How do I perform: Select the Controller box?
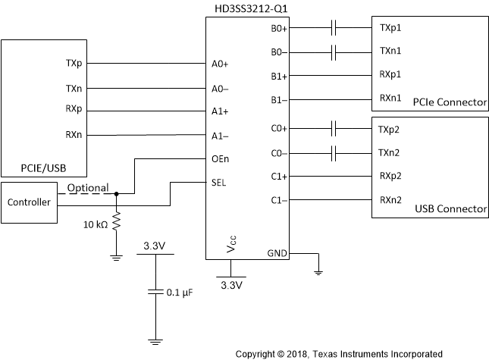29,202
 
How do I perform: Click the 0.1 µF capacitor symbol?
155,291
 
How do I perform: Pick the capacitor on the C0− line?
334,153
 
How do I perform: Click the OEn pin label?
220,159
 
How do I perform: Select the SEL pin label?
218,182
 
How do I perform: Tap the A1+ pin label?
220,111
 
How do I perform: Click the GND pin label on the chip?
276,252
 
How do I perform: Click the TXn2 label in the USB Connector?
390,153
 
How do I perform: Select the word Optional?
88,187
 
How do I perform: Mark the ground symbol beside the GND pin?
319,268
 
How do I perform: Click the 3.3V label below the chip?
231,285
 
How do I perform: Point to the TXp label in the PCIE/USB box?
74,64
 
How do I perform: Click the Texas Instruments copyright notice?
339,353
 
